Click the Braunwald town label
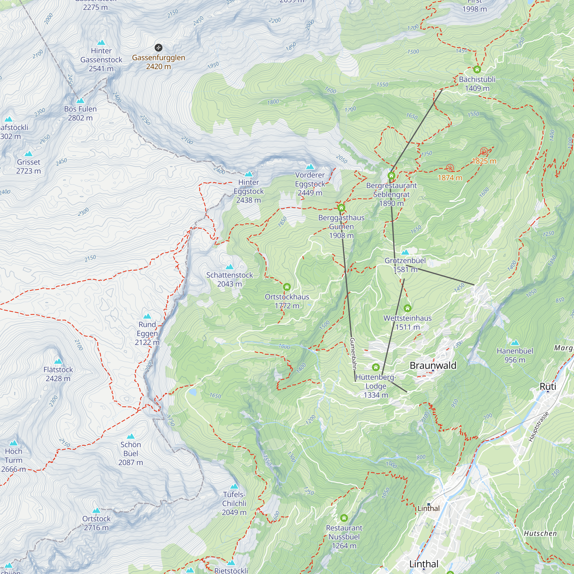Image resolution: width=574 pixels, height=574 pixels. [433, 365]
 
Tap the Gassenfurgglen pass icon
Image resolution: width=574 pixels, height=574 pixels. [158, 48]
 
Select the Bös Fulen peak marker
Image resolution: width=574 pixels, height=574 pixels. [80, 101]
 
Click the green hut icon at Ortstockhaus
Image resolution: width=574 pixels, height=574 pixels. [287, 287]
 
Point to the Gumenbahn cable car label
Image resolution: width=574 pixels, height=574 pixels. [353, 354]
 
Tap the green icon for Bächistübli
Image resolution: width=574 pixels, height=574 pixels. [477, 69]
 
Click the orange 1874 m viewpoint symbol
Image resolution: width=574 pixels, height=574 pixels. [450, 168]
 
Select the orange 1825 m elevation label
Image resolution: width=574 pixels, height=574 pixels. [484, 161]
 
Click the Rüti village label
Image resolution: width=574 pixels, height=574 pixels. [548, 387]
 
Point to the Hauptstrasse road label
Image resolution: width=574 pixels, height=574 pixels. [538, 427]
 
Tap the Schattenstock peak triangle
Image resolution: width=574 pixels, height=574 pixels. [229, 267]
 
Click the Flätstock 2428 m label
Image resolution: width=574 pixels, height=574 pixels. [58, 374]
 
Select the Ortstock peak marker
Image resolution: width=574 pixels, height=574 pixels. [96, 510]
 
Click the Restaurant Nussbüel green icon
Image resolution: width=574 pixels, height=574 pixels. [344, 518]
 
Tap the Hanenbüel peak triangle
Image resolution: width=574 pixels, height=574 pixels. [515, 343]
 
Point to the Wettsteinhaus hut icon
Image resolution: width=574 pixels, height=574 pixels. [407, 308]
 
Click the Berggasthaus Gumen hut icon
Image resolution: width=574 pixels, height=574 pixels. [341, 208]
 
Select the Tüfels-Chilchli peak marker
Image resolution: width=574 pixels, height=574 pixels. [234, 486]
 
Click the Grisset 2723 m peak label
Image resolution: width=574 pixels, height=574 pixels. [28, 166]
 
